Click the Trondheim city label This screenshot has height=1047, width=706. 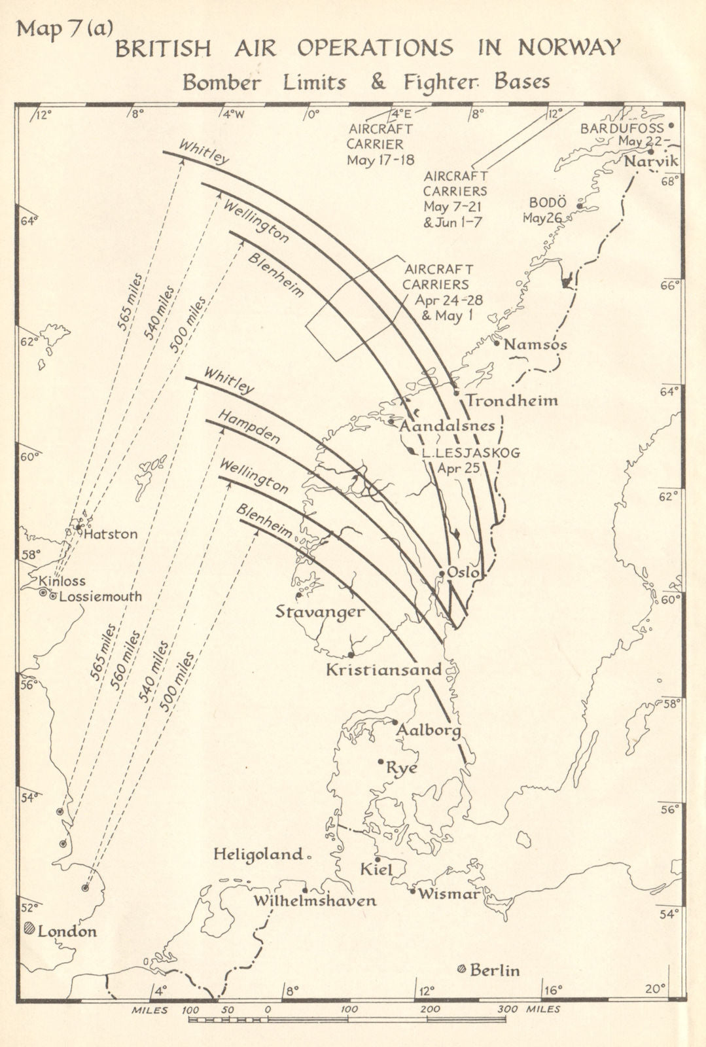point(512,400)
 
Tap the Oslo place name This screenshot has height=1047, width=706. point(463,572)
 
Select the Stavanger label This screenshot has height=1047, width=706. point(319,612)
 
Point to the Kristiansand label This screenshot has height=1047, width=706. point(383,670)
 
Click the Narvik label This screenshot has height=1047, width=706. point(651,161)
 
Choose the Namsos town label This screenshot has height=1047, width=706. point(535,344)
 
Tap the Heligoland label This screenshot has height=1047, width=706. point(258,854)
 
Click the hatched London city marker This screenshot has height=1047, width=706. point(29,929)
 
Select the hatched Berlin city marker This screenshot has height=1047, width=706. point(461,969)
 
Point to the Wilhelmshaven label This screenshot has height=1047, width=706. point(315,900)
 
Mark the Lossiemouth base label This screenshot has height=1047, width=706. point(100,596)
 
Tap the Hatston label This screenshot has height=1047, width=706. point(111,534)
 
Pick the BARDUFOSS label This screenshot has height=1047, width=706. point(622,128)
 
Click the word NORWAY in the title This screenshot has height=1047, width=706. point(569,48)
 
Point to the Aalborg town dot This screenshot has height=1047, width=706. point(395,722)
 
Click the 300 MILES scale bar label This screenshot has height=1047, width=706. point(528,1009)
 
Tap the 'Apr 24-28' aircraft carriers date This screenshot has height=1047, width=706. point(449,300)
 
